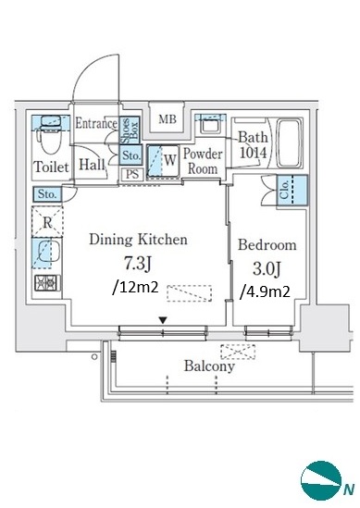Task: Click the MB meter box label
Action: click(x=168, y=119)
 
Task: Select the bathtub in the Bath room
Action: click(x=290, y=142)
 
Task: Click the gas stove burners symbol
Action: click(x=47, y=283)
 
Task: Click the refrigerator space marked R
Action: click(x=47, y=222)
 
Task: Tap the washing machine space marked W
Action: click(x=163, y=161)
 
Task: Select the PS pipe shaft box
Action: click(x=132, y=175)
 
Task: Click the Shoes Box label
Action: click(x=130, y=130)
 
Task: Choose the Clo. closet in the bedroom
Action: click(x=292, y=190)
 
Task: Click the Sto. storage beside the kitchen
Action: click(x=47, y=194)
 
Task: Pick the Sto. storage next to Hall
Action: click(x=131, y=155)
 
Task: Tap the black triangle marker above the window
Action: click(x=163, y=320)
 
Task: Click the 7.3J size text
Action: click(x=138, y=264)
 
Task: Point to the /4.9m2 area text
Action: click(x=265, y=292)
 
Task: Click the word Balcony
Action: click(x=209, y=366)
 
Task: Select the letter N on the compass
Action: click(x=349, y=489)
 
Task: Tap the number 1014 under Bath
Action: click(x=253, y=153)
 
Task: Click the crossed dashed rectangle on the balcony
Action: click(x=238, y=352)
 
